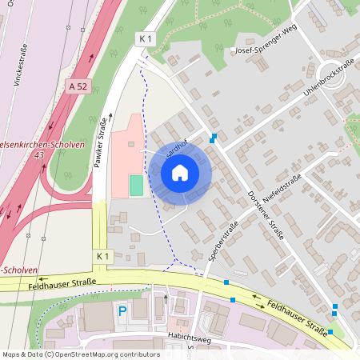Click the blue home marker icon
(180, 172)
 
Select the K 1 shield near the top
(144, 38)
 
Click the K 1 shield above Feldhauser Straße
(102, 256)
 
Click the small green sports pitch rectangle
(136, 185)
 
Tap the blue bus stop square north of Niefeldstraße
(212, 140)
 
